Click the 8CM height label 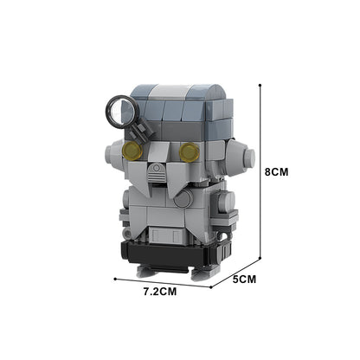(276, 172)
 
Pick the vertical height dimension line (261, 173)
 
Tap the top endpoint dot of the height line (261, 84)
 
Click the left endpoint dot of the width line (115, 280)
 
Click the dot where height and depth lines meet (261, 259)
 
